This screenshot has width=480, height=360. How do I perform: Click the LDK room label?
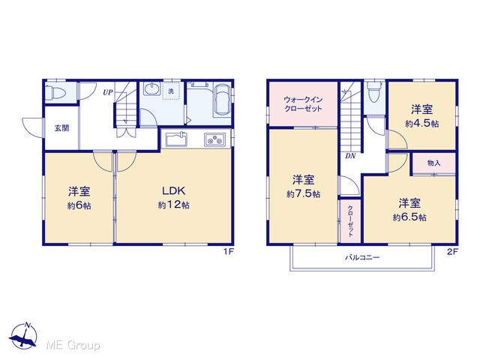(173, 191)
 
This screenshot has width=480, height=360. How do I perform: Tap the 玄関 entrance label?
(61, 128)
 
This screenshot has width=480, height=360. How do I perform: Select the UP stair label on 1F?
(108, 91)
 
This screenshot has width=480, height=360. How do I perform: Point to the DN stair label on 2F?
(350, 156)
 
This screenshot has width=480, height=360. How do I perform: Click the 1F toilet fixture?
(55, 91)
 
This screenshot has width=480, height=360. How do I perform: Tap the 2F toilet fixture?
(373, 91)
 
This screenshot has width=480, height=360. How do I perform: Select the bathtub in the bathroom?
(222, 100)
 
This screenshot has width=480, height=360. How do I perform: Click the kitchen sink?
(176, 139)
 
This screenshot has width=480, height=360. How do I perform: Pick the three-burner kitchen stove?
(214, 140)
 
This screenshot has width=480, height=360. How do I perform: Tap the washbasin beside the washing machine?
(151, 89)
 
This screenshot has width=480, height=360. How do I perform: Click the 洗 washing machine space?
(171, 91)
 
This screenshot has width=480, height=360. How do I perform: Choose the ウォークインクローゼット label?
(303, 104)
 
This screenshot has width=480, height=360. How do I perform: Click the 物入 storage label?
(433, 163)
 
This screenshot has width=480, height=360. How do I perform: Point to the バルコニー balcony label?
(362, 257)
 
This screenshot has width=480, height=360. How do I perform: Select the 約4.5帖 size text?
(421, 124)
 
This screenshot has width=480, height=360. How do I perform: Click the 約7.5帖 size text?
(303, 194)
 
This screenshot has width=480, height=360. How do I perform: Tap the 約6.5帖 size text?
(409, 217)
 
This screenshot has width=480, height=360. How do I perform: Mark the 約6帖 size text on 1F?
(79, 205)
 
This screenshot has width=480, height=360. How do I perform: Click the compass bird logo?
(23, 336)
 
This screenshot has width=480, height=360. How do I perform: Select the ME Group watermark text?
(73, 345)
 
